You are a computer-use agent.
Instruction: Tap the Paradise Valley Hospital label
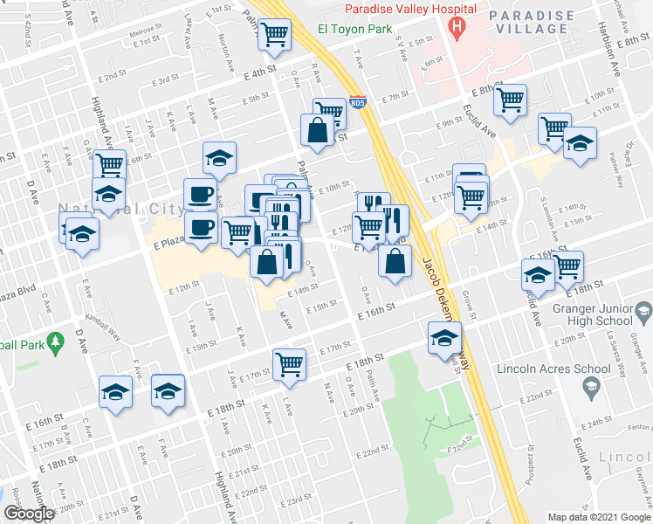(410, 9)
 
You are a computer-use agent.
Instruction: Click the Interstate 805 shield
(356, 102)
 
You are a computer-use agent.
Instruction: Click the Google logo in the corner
(29, 514)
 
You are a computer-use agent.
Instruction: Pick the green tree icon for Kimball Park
(55, 339)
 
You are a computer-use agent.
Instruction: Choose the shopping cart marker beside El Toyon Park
(275, 37)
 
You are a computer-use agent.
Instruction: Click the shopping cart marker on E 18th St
(289, 364)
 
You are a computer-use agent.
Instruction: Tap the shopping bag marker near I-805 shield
(315, 131)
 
